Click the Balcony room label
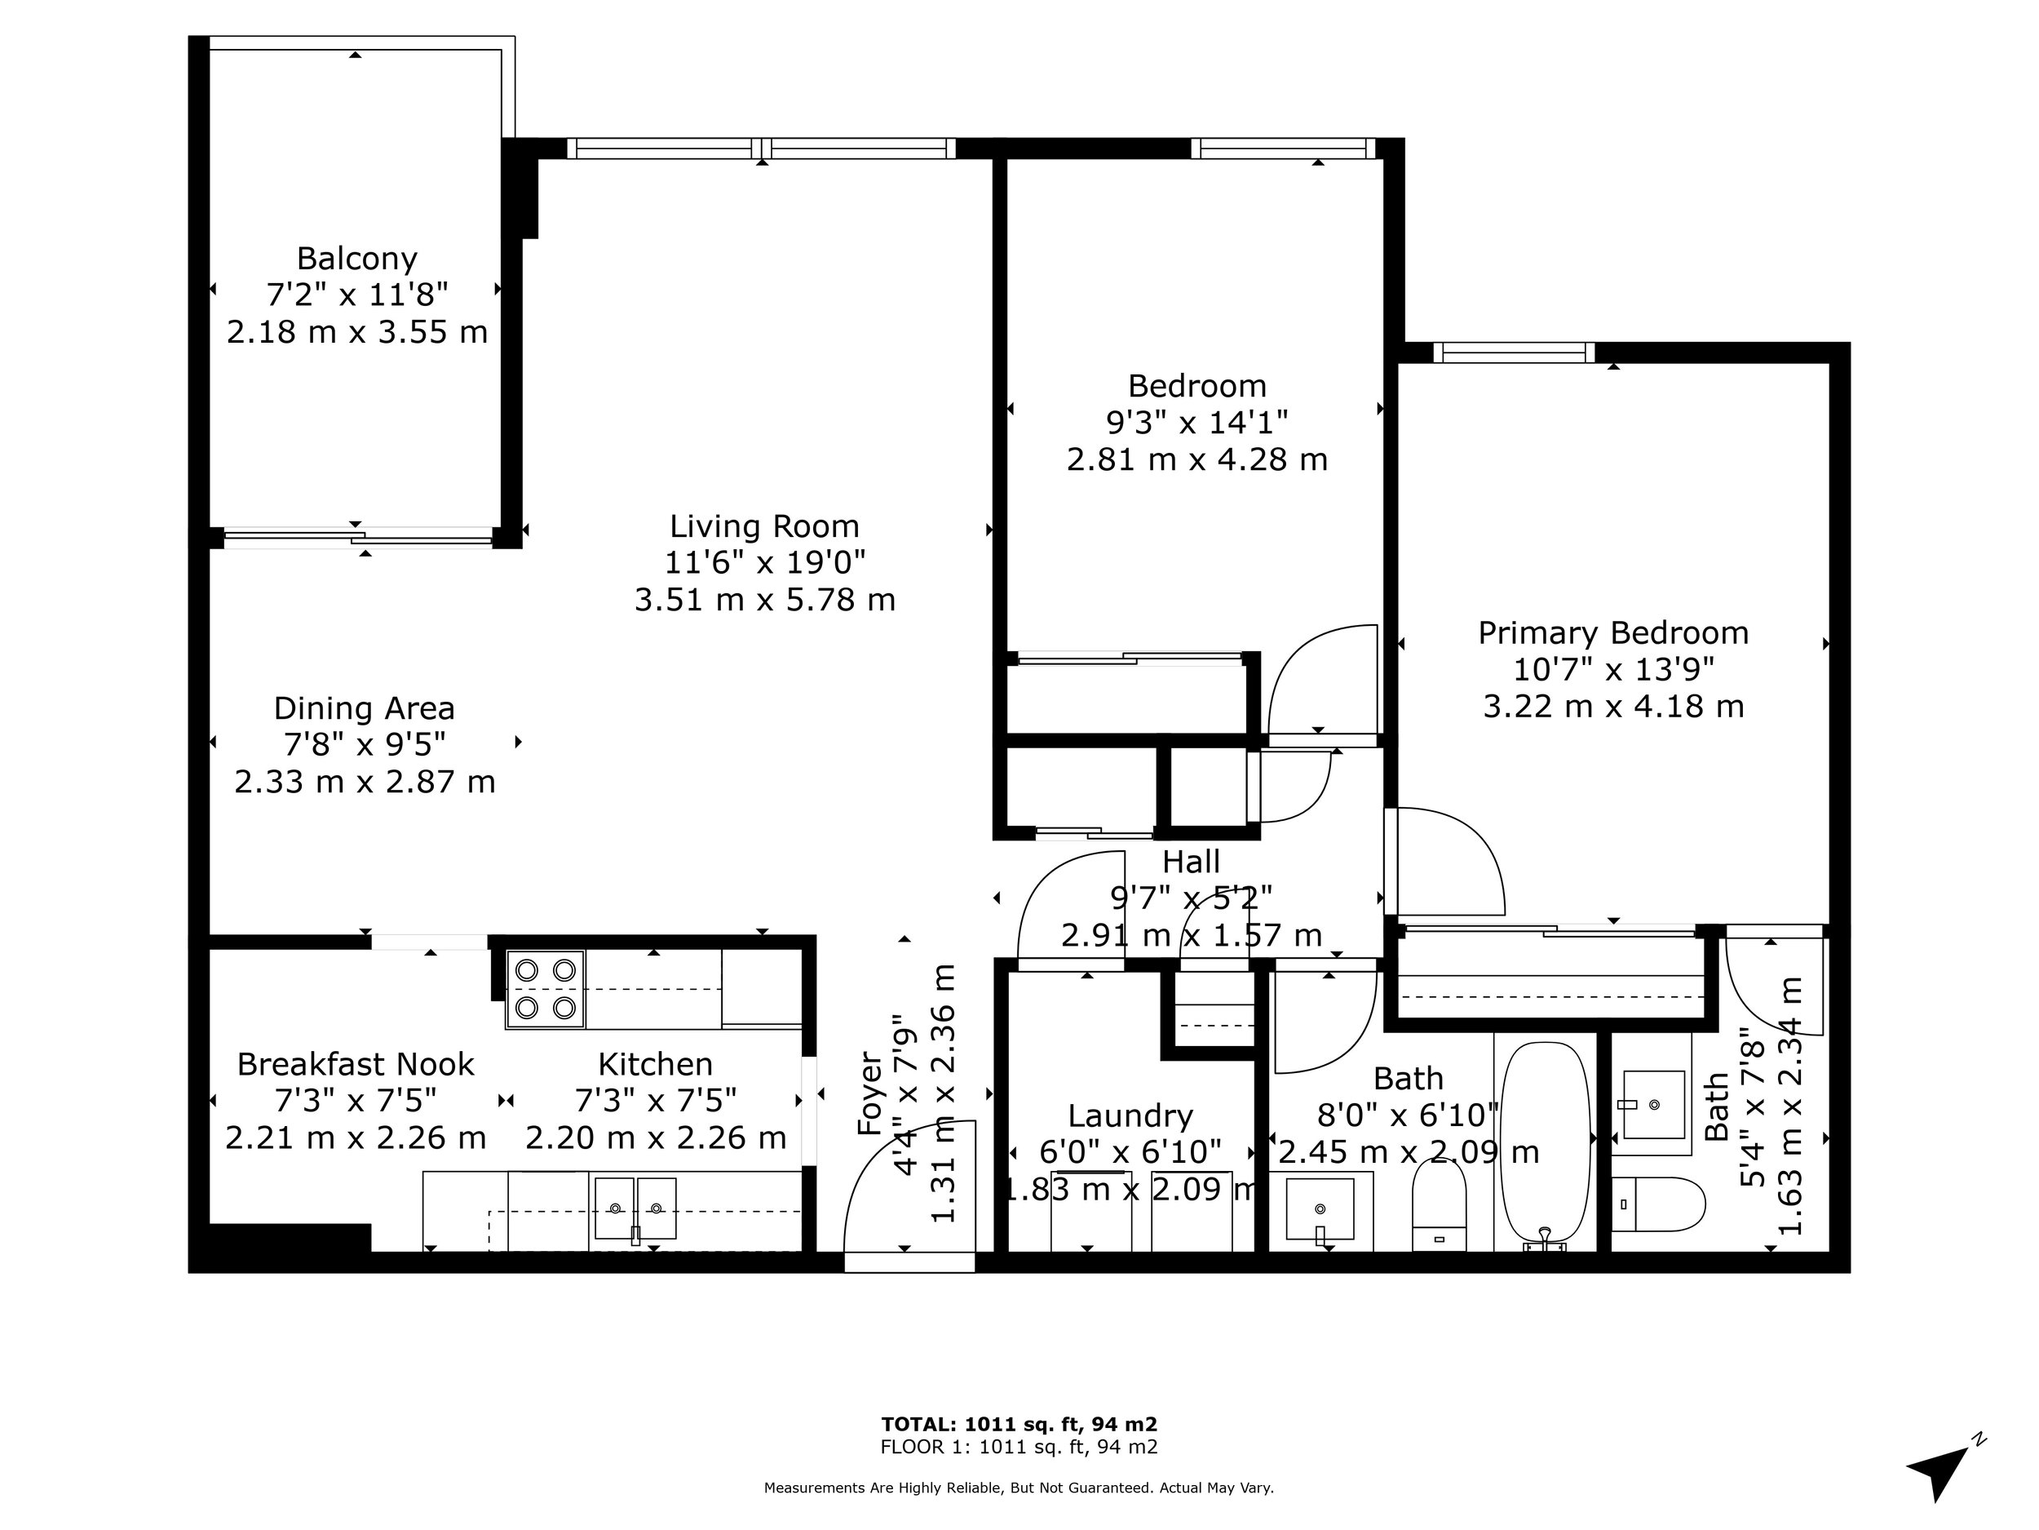(x=356, y=258)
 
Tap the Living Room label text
(x=764, y=526)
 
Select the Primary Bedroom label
(x=1613, y=632)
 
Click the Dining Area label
(x=364, y=708)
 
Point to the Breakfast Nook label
(x=356, y=1064)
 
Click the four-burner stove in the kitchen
(x=546, y=989)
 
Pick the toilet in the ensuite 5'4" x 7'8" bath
(x=1657, y=1204)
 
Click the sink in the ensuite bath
(x=1654, y=1104)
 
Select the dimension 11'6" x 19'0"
(x=765, y=562)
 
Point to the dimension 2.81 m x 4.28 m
(x=1197, y=459)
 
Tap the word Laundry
(x=1130, y=1117)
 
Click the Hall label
(x=1191, y=862)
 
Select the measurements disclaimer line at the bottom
(x=1019, y=1488)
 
